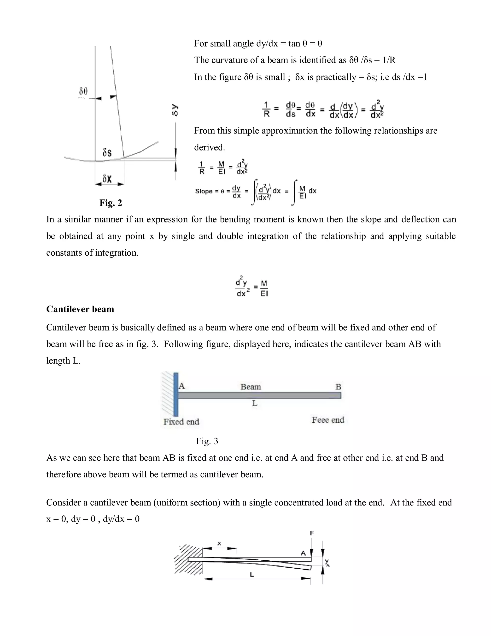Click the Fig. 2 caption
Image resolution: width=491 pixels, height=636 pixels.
pyautogui.click(x=111, y=203)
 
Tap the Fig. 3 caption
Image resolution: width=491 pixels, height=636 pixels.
pyautogui.click(x=207, y=441)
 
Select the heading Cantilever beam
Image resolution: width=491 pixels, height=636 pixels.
pyautogui.click(x=80, y=309)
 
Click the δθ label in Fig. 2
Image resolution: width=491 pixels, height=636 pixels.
pyautogui.click(x=83, y=91)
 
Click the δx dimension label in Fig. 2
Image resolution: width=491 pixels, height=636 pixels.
pyautogui.click(x=107, y=179)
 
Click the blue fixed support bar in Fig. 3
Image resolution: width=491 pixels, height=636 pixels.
pyautogui.click(x=176, y=394)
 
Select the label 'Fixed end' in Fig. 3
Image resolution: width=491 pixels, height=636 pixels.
pyautogui.click(x=181, y=422)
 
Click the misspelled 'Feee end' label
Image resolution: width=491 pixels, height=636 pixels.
pyautogui.click(x=328, y=420)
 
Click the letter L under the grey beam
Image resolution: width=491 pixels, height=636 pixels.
pyautogui.click(x=255, y=403)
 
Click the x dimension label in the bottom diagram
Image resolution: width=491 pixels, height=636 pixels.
pyautogui.click(x=219, y=543)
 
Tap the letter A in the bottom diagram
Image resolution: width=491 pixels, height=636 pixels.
pyautogui.click(x=303, y=553)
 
